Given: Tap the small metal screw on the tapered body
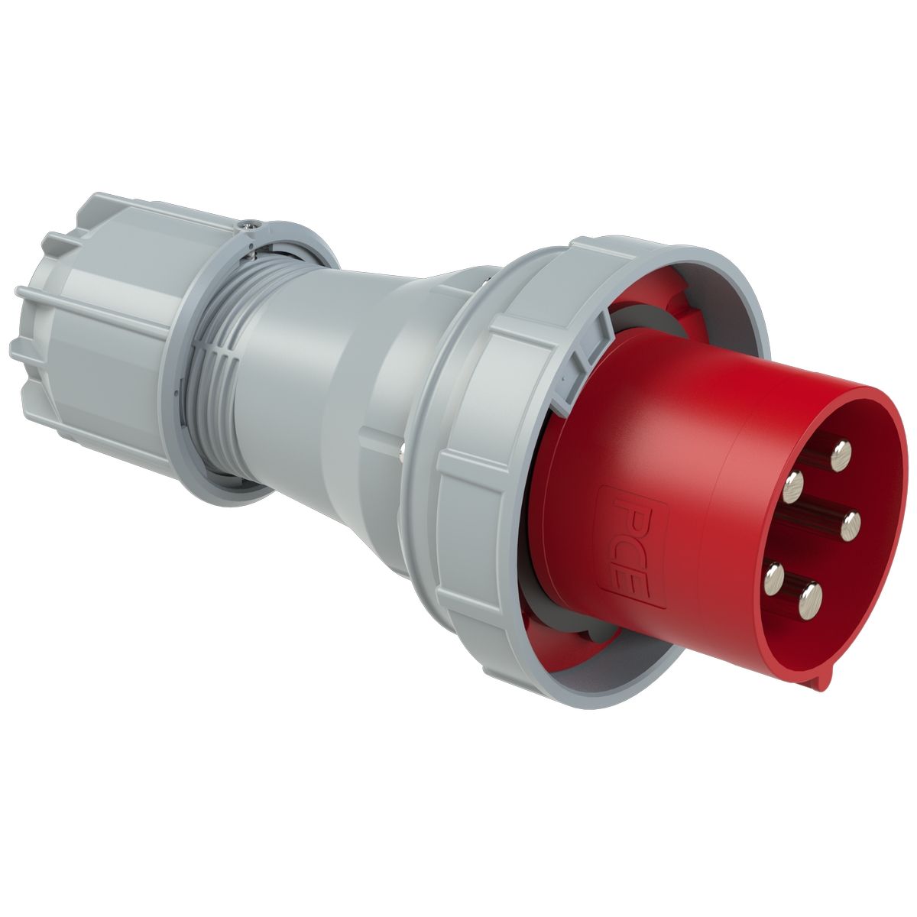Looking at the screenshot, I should click(x=402, y=451).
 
